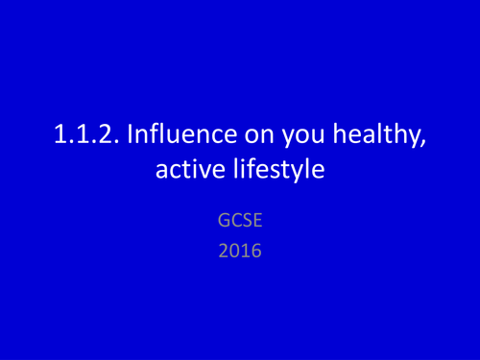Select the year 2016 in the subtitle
pos(240,256)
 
